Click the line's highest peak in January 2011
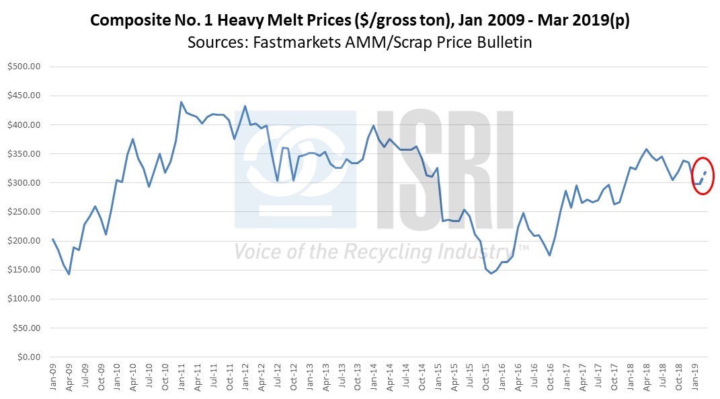(182, 102)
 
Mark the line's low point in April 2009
(69, 274)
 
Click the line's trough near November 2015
(491, 273)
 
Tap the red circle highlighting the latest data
(702, 176)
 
